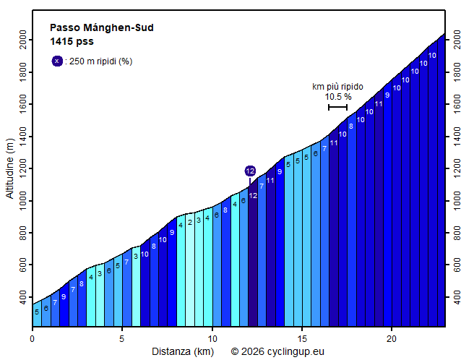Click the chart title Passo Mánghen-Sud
pos(101,28)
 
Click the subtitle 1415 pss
pos(72,41)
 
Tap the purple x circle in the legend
pos(57,61)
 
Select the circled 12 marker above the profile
pos(250,171)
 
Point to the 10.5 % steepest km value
pos(337,96)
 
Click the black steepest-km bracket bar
pos(337,107)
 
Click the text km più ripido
pos(337,86)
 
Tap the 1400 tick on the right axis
pos(454,137)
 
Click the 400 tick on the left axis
pos(25,297)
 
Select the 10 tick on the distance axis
pos(212,338)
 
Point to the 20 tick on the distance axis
pos(392,338)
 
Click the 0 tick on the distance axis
pos(33,338)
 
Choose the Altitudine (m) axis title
pos(10,169)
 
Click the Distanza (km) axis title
pos(182,351)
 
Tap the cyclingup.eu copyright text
pos(277,351)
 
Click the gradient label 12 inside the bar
pos(253,196)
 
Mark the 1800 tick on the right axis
pos(454,72)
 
